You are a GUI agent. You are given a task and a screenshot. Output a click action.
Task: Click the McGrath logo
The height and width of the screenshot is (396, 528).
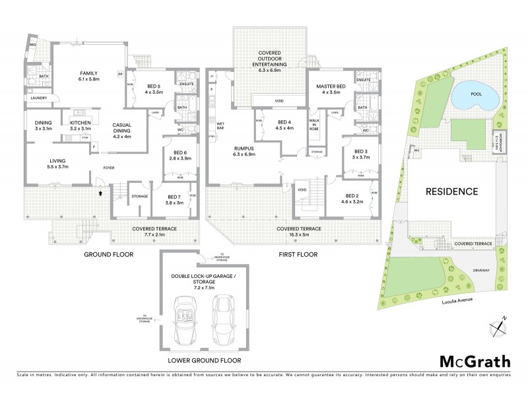pyautogui.click(x=475, y=361)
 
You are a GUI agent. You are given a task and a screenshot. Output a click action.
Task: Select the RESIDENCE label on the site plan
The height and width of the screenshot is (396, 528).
pyautogui.click(x=451, y=191)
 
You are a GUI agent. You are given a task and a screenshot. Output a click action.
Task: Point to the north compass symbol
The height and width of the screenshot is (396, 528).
pyautogui.click(x=498, y=325)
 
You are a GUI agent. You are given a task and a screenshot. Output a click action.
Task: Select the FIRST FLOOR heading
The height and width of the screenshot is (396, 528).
pyautogui.click(x=297, y=254)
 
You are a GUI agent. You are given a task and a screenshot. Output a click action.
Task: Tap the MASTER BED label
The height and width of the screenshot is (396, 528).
pyautogui.click(x=328, y=86)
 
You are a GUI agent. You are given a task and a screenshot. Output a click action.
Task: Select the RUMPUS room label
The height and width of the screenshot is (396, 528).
pyautogui.click(x=245, y=149)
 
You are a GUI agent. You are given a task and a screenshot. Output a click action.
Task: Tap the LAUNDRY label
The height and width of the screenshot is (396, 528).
pyautogui.click(x=38, y=98)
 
